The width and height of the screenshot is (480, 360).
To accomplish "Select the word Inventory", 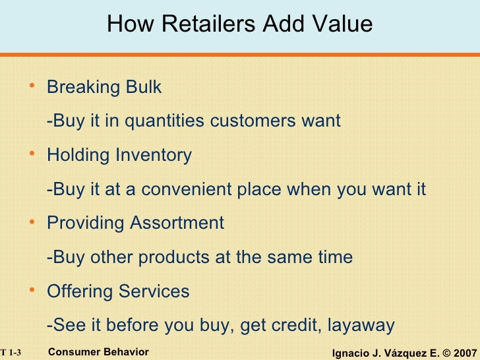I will [154, 156].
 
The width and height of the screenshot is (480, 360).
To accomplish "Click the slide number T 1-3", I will [11, 353].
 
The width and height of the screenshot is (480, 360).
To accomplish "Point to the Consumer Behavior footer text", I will [99, 352].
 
